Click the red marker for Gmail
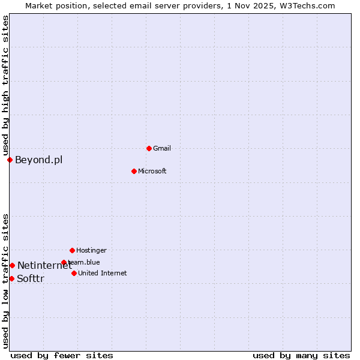point(149,148)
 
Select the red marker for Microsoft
point(134,171)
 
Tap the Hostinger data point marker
point(72,250)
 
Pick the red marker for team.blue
point(64,262)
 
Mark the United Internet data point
point(74,273)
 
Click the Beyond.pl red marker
point(10,160)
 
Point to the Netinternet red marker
point(12,265)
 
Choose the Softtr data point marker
point(11,278)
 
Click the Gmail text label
point(162,148)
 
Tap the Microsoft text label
point(152,171)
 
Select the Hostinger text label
point(91,250)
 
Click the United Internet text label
point(102,273)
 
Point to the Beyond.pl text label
point(38,160)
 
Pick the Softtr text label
point(31,278)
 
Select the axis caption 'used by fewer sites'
point(62,355)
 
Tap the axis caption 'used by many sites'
point(301,355)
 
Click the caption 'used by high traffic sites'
point(5,85)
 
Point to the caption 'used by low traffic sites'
point(5,281)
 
